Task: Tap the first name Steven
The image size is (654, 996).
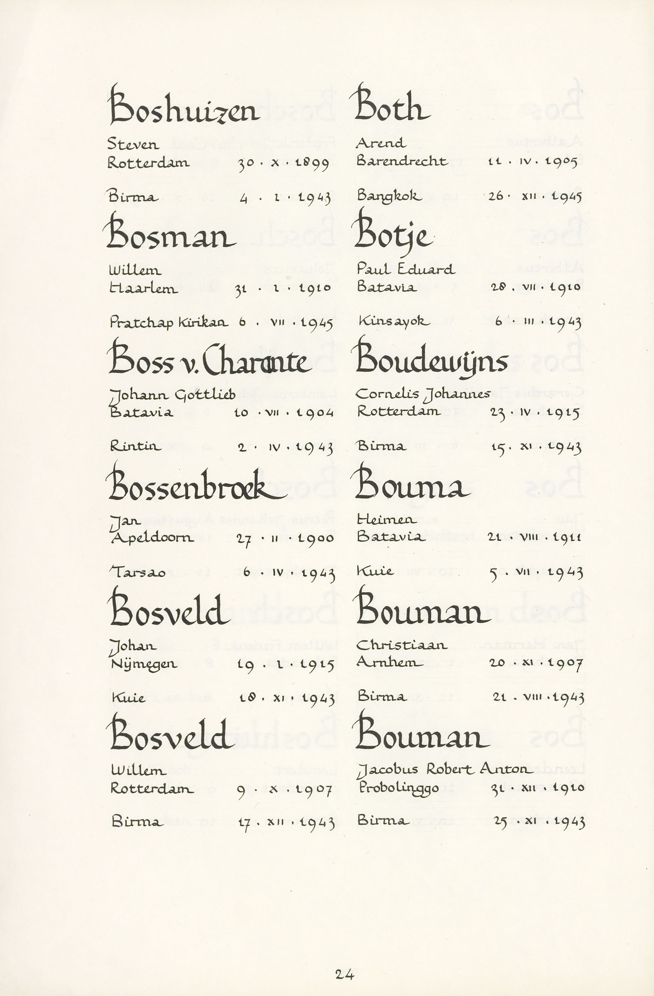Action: (133, 144)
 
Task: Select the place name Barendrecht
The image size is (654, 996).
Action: (402, 161)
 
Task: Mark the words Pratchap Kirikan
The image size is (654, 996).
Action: (168, 322)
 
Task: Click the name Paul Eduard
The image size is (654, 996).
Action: (405, 269)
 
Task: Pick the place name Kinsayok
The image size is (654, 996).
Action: (394, 321)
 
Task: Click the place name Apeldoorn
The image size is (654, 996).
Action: (152, 538)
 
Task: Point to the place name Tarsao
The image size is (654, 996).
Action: (138, 572)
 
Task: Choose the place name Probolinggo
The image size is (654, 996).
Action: (398, 788)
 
